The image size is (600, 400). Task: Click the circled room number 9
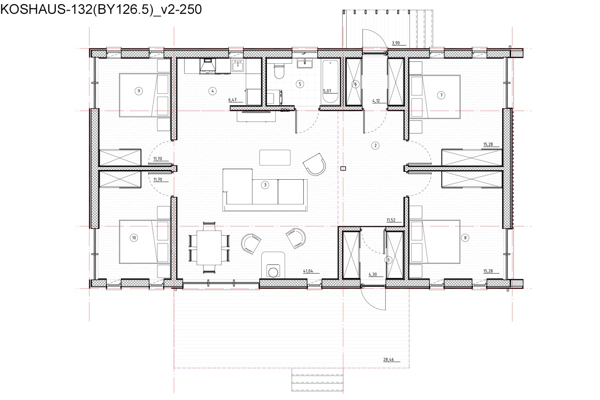click(x=138, y=91)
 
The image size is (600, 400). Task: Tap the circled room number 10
click(x=134, y=237)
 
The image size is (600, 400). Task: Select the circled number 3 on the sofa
click(x=265, y=185)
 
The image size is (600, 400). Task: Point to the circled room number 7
click(x=441, y=95)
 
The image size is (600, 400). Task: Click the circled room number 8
click(x=465, y=237)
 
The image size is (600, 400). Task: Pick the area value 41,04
click(x=308, y=271)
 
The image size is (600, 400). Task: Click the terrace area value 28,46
click(x=389, y=359)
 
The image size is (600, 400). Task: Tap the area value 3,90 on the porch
click(x=396, y=43)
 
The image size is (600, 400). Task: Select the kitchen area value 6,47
click(x=232, y=100)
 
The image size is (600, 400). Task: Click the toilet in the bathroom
click(x=279, y=71)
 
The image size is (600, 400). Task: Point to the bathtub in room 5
click(x=330, y=81)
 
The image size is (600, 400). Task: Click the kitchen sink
click(x=238, y=66)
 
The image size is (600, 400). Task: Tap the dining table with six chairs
click(x=209, y=248)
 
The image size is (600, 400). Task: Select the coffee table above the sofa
click(x=275, y=158)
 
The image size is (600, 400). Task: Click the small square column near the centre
click(x=343, y=169)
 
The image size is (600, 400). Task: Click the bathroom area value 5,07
click(x=327, y=91)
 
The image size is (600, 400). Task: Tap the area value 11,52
click(x=391, y=220)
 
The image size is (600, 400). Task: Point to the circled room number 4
click(x=212, y=91)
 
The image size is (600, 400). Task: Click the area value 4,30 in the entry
click(x=372, y=274)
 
